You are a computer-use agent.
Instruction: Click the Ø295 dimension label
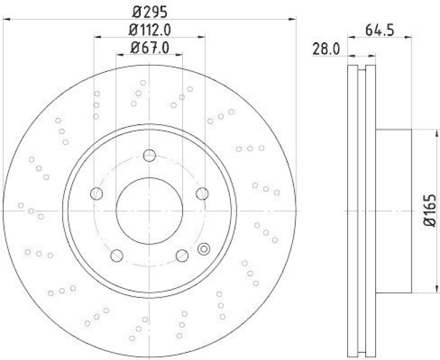(x=149, y=10)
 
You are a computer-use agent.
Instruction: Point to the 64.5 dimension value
(x=380, y=30)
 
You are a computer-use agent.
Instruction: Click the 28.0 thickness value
(x=327, y=49)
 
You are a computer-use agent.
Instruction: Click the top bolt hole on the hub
(x=149, y=156)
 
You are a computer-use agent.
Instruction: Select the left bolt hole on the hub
(x=97, y=193)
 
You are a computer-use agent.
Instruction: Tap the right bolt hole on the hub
(x=202, y=193)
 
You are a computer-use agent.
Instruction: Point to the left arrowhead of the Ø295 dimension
(x=7, y=19)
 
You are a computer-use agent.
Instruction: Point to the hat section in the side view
(x=393, y=211)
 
